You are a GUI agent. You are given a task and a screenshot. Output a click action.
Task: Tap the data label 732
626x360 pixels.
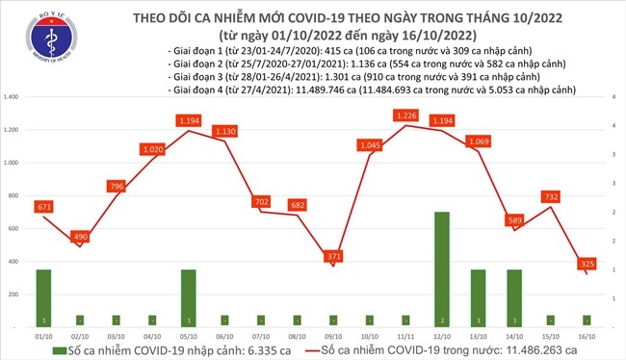(550, 196)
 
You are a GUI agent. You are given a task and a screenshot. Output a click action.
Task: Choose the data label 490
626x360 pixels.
(80, 237)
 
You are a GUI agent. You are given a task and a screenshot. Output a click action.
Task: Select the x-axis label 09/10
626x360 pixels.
(333, 336)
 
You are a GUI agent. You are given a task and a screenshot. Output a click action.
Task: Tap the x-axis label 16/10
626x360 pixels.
(587, 336)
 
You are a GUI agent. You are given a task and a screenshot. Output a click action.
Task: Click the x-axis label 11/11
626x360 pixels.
(405, 336)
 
